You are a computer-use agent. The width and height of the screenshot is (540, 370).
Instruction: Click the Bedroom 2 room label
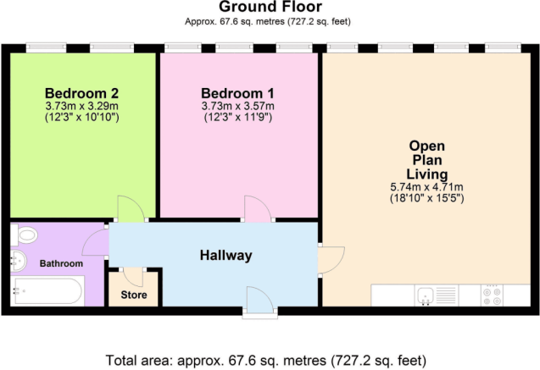[x=81, y=91]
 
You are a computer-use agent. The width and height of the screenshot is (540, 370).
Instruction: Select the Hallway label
[x=226, y=255]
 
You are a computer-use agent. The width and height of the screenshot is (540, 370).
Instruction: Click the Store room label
[x=133, y=295]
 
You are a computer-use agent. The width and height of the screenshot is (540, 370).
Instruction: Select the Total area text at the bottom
[x=270, y=360]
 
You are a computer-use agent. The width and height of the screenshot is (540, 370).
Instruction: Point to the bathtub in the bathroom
[x=47, y=291]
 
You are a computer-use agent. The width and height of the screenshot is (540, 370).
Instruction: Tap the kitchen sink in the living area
[x=426, y=295]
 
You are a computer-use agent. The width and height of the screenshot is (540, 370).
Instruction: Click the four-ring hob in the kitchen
[x=492, y=295]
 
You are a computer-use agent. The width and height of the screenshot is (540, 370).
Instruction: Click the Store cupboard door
[x=132, y=276]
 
